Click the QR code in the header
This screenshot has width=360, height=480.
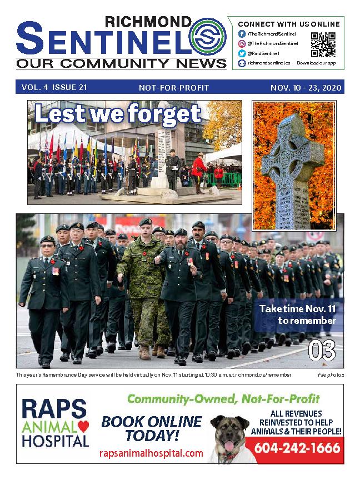click(x=323, y=44)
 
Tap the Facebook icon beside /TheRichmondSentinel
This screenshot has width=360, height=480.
click(x=242, y=34)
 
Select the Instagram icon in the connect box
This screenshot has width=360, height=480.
click(x=242, y=43)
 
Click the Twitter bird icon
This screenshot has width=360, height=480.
click(x=242, y=53)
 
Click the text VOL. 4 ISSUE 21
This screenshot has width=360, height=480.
click(x=54, y=88)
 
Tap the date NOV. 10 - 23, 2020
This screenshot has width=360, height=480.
click(x=306, y=88)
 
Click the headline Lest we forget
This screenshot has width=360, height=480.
click(x=117, y=114)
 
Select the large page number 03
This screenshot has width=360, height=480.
click(x=322, y=351)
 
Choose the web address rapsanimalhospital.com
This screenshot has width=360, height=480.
click(x=151, y=453)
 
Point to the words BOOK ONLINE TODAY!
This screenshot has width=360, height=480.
click(x=151, y=428)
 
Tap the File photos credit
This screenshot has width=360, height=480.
click(x=331, y=375)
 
